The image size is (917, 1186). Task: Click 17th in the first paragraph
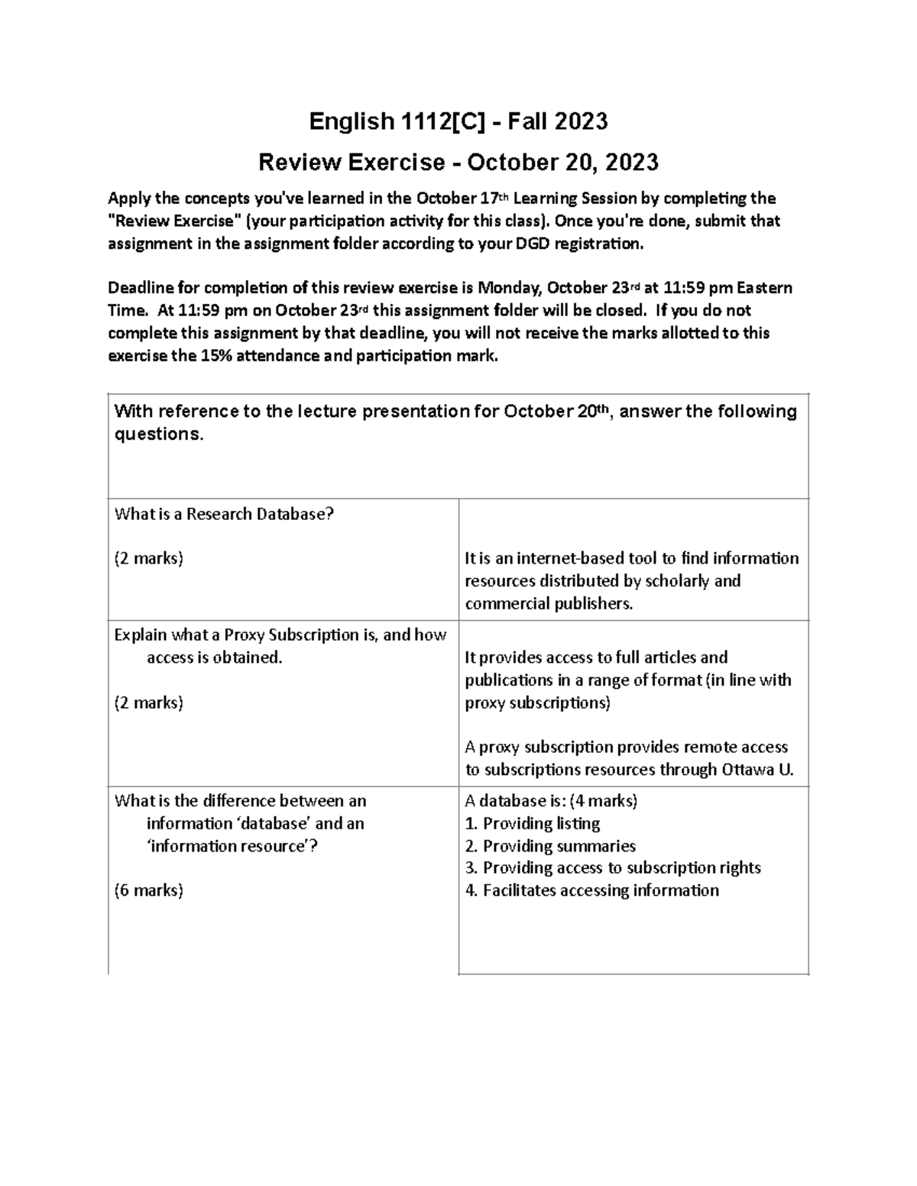[x=493, y=199]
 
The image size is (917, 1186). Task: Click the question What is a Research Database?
[x=224, y=514]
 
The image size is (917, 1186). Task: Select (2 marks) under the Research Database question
[x=148, y=558]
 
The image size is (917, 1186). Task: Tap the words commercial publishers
[x=549, y=603]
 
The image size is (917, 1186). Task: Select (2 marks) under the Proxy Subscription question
[x=148, y=702]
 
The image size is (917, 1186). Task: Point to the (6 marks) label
[x=148, y=890]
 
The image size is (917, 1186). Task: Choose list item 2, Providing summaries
[x=550, y=845]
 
